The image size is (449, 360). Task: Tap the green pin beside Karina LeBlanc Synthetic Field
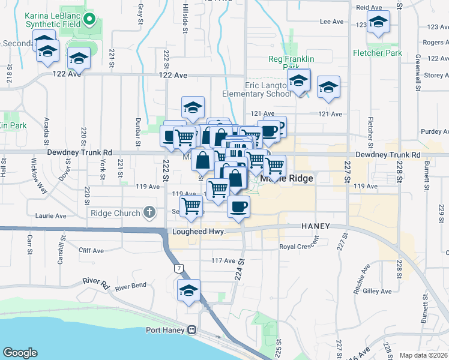(x=89, y=19)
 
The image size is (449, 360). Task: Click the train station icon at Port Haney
(x=192, y=330)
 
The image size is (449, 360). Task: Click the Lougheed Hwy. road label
(x=199, y=232)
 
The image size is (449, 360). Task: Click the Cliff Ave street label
(x=91, y=251)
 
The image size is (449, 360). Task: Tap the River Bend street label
(x=131, y=287)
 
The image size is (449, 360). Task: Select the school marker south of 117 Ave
(x=188, y=290)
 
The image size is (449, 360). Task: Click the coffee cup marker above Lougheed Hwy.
(x=238, y=207)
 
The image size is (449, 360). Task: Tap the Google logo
(x=20, y=352)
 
